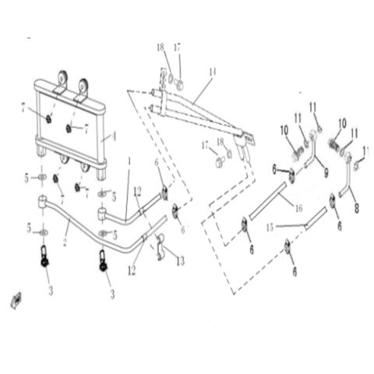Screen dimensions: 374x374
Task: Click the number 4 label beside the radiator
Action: pyautogui.click(x=114, y=136)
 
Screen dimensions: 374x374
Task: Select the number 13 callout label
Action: pyautogui.click(x=180, y=261)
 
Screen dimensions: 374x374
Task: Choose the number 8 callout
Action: pyautogui.click(x=356, y=208)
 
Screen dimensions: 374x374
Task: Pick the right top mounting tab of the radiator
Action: pyautogui.click(x=81, y=86)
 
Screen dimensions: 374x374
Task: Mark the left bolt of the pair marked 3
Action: pyautogui.click(x=45, y=256)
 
